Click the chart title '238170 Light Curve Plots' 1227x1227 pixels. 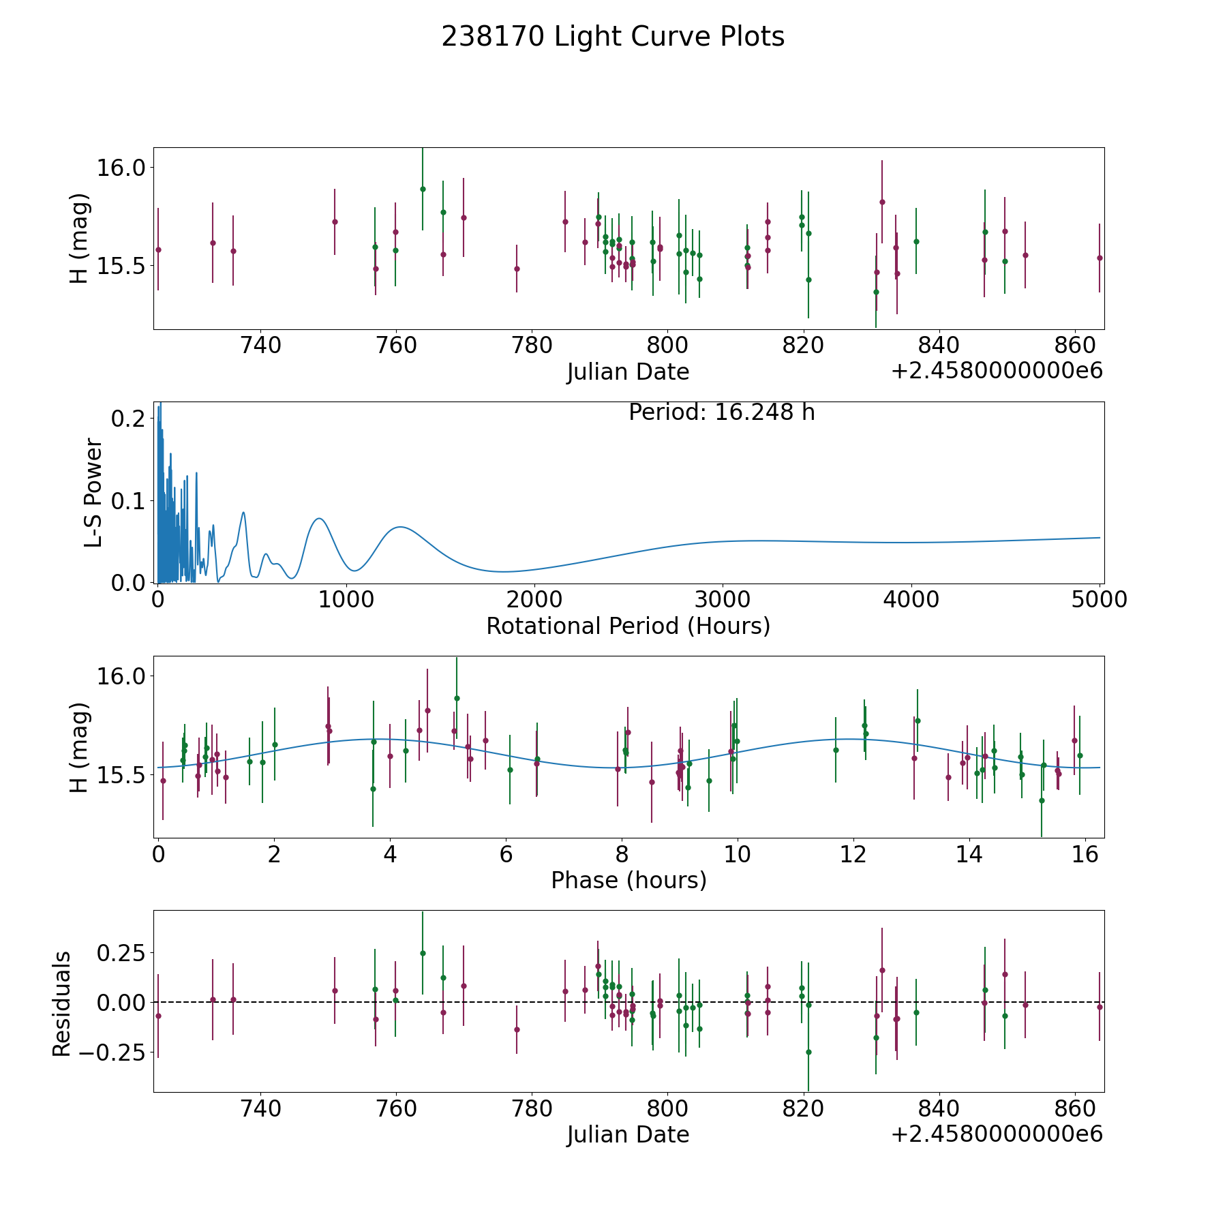[x=613, y=37]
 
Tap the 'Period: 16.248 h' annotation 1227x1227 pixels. [x=721, y=412]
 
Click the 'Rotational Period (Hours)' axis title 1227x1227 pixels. [x=628, y=626]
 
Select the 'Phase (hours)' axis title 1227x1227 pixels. [x=628, y=880]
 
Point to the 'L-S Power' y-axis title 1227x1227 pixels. [x=93, y=493]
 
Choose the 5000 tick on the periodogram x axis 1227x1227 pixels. [x=1100, y=600]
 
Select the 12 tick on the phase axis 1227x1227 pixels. [x=853, y=854]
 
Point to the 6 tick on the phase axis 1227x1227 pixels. [x=506, y=854]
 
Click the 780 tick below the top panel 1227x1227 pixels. [x=532, y=346]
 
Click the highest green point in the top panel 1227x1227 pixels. [x=423, y=189]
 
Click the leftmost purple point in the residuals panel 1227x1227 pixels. [x=158, y=1016]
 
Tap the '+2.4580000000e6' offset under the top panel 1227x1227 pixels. [x=997, y=371]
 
